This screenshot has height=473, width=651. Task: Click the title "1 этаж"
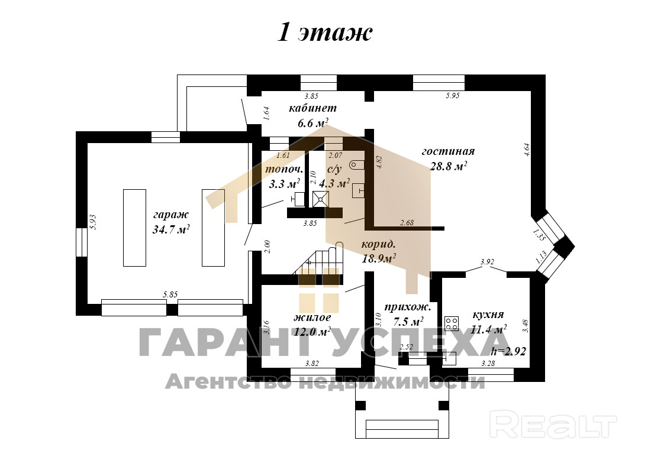[325, 33]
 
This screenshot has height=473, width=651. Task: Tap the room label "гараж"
[170, 214]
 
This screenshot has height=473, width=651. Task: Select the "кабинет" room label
[312, 108]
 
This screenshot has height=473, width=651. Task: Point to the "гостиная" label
[448, 151]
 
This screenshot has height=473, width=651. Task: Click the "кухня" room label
[488, 315]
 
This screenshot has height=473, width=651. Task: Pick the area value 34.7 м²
[171, 230]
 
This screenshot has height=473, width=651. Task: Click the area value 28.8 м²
[449, 166]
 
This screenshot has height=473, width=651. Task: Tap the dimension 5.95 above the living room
[453, 95]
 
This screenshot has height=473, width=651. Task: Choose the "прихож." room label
[407, 307]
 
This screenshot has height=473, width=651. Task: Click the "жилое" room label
[312, 318]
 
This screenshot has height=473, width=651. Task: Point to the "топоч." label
[284, 169]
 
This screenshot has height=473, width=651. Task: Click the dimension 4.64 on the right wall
[526, 150]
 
